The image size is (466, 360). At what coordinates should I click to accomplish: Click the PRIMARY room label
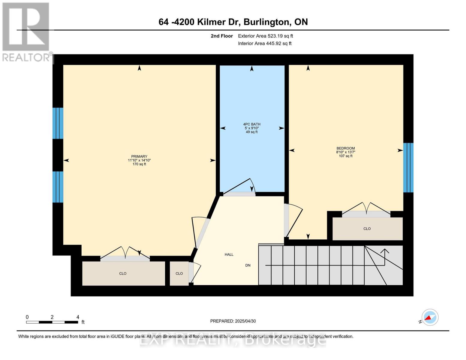[x=139, y=156]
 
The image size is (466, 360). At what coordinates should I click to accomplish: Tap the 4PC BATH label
[x=251, y=124]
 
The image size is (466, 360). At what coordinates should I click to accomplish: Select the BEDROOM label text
[x=345, y=148]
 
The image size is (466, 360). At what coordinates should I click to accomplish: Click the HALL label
[x=229, y=254]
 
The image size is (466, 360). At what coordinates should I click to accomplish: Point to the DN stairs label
[x=248, y=265]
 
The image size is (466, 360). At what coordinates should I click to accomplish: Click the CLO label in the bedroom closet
[x=367, y=229]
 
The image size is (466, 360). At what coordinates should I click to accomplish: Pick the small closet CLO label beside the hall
[x=179, y=273]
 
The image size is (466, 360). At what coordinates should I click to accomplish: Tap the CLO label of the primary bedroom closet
[x=123, y=273]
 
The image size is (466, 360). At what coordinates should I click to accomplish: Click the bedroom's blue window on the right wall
[x=408, y=167]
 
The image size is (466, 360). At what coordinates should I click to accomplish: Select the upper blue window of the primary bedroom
[x=58, y=123]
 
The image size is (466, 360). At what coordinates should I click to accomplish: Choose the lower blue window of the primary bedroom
[x=58, y=187]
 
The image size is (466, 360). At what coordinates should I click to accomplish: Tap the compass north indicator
[x=429, y=317]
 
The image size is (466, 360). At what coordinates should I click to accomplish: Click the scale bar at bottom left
[x=52, y=322]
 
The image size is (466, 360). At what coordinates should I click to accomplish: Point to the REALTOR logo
[x=26, y=31]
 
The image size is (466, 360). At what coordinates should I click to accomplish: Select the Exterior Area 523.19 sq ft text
[x=265, y=36]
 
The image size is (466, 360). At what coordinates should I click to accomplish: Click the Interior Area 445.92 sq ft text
[x=265, y=43]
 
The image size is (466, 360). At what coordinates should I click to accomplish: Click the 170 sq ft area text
[x=139, y=164]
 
